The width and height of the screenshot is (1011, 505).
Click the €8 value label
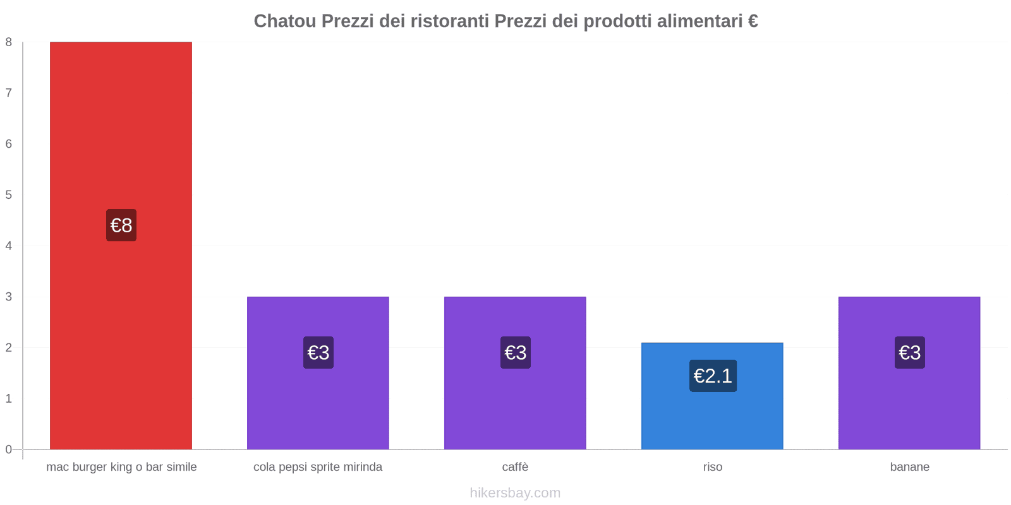(x=121, y=225)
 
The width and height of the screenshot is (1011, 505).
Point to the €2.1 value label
(x=713, y=376)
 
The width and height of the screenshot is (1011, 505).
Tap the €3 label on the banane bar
(x=909, y=352)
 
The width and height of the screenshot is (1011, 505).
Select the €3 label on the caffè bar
(x=515, y=352)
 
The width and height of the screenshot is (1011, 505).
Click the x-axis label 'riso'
(x=712, y=467)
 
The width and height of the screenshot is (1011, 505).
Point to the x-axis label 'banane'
(x=909, y=467)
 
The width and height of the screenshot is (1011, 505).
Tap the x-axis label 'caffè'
(x=515, y=467)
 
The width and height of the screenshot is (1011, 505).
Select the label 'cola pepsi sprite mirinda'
(x=318, y=467)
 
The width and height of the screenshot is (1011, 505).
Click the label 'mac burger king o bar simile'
(x=121, y=467)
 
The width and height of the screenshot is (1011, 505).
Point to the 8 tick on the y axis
(x=9, y=42)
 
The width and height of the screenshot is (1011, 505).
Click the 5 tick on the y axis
(x=9, y=195)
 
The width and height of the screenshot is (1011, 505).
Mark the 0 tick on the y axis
(x=9, y=449)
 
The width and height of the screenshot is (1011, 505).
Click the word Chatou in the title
(x=284, y=21)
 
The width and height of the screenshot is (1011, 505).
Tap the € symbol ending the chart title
(x=753, y=21)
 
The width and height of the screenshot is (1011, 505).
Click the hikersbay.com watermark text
(x=515, y=493)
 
